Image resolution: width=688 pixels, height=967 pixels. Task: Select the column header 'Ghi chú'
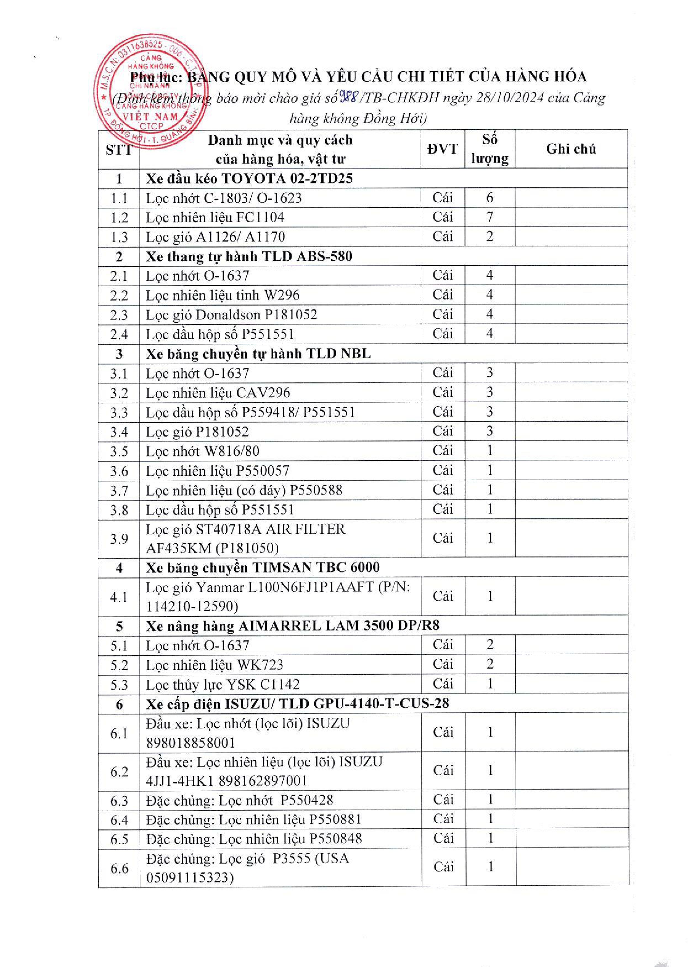(x=571, y=149)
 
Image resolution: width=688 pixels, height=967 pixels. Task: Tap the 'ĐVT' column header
(x=443, y=149)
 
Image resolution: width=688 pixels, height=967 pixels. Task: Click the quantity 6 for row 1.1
(x=490, y=198)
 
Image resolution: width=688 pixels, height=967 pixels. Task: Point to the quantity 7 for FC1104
(x=490, y=217)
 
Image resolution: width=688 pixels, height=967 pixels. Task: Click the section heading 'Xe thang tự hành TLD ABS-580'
(x=249, y=256)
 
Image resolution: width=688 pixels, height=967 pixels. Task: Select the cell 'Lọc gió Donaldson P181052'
(x=231, y=315)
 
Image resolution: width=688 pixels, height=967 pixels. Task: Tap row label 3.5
(x=119, y=451)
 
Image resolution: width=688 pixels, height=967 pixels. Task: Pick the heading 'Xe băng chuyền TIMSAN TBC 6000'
(x=263, y=567)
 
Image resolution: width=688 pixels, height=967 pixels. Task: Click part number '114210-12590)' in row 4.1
(x=192, y=606)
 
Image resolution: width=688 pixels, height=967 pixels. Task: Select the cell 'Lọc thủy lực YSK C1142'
(x=223, y=684)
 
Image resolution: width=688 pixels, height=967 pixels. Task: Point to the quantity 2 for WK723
(x=490, y=664)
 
